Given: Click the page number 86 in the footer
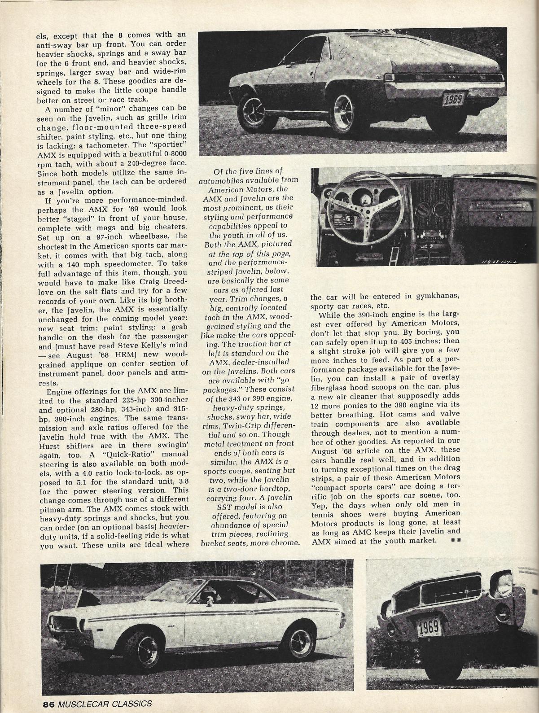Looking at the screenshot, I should (48, 703).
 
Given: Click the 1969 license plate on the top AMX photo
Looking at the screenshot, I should (451, 99).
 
